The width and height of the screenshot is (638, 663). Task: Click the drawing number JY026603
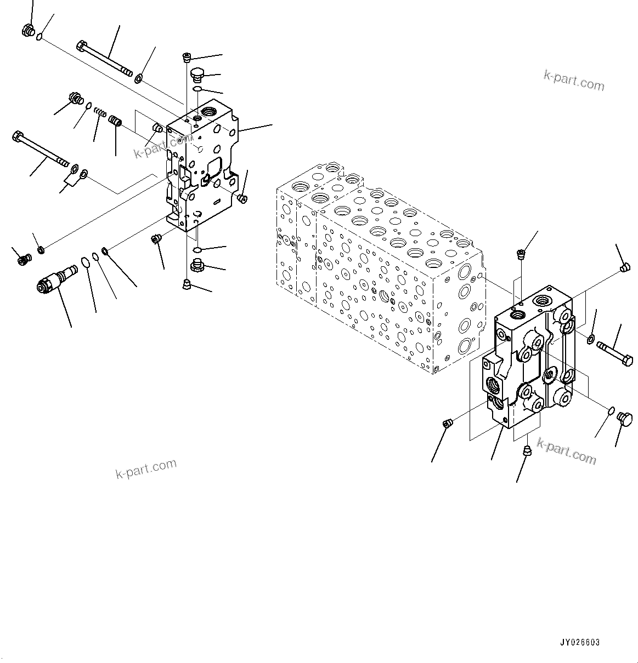click(x=580, y=643)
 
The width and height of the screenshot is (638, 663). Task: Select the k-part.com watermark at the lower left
click(x=146, y=468)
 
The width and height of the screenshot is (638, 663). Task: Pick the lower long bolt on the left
click(x=40, y=148)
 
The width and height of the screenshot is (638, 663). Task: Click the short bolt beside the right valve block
click(x=614, y=353)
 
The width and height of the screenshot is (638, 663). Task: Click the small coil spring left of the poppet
click(x=100, y=113)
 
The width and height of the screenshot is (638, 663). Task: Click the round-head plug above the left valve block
click(x=197, y=73)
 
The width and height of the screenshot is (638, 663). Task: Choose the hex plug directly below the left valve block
click(x=197, y=267)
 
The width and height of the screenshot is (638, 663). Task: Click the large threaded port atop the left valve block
click(x=210, y=112)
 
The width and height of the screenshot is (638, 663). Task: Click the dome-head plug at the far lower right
click(x=625, y=419)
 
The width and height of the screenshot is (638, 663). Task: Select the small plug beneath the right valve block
click(x=527, y=451)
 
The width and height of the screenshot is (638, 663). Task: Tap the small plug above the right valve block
click(x=521, y=254)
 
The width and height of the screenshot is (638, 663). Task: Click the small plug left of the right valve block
click(x=447, y=423)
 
